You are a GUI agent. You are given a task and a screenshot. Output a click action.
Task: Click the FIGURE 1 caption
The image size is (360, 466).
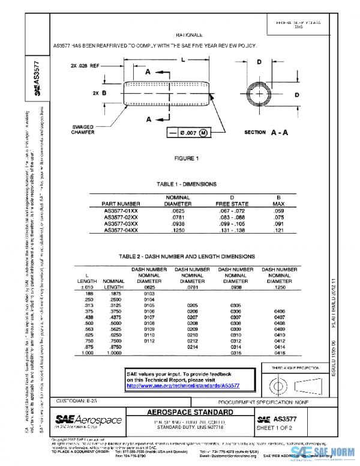pyautogui.click(x=187, y=159)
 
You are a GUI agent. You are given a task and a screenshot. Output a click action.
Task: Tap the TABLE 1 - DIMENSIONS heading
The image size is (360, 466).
pyautogui.click(x=187, y=184)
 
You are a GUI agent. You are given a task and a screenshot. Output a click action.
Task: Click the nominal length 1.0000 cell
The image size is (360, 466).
pyautogui.click(x=113, y=353)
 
